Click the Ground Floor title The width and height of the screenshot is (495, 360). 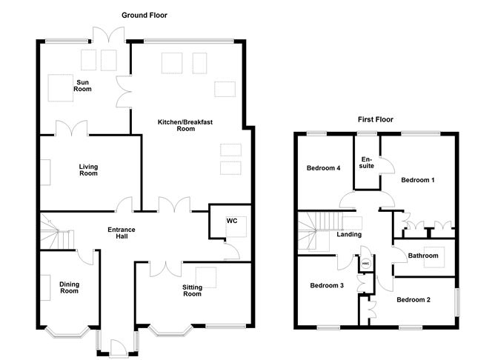[x=144, y=15]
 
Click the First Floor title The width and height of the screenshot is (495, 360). [x=376, y=119]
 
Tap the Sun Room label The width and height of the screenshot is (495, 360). [x=83, y=86]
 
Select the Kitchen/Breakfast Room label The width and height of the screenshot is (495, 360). [x=185, y=125]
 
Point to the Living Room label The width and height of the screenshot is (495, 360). [x=88, y=170]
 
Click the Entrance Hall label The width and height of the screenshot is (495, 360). [x=122, y=233]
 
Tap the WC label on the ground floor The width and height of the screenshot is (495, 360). [x=232, y=221]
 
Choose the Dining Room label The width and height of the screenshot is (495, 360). [x=69, y=287]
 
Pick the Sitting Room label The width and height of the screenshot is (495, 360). [x=192, y=290]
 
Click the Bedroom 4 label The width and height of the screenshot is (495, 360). [x=324, y=168]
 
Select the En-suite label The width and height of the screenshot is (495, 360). [x=367, y=162]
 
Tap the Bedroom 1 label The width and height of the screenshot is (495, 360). [x=418, y=180]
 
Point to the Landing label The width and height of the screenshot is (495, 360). [x=349, y=234]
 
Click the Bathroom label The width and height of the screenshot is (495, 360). [x=423, y=256]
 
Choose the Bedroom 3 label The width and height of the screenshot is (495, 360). [x=327, y=285]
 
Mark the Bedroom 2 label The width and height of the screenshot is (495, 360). [x=413, y=300]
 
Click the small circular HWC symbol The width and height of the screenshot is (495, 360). [x=365, y=264]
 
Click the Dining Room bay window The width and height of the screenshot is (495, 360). [x=67, y=332]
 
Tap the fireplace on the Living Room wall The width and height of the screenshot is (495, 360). [x=45, y=173]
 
